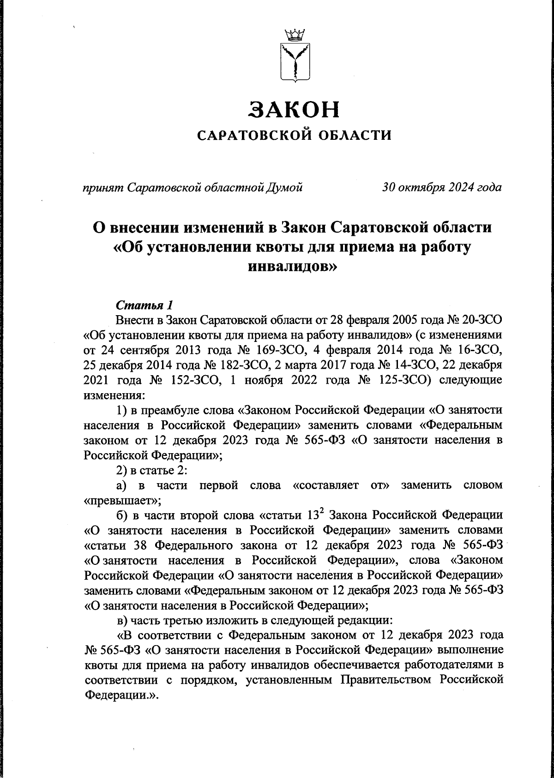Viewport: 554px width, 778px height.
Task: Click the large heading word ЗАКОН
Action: [294, 109]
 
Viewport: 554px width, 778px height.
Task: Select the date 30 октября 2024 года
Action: [442, 187]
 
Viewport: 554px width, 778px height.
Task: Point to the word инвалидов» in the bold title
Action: [294, 266]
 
